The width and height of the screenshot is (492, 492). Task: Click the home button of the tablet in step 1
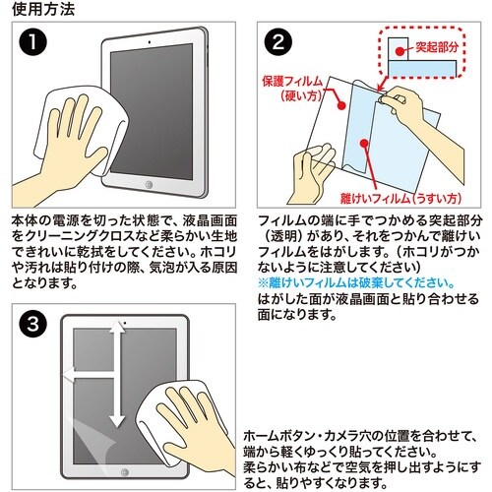[x=149, y=184]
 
